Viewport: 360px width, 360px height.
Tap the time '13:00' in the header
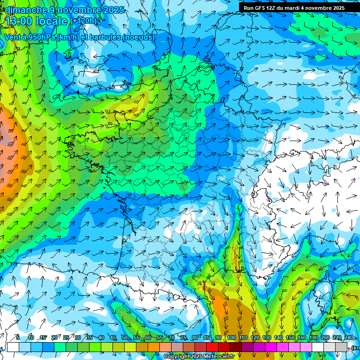click(x=19, y=21)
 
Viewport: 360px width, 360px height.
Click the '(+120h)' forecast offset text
click(x=85, y=21)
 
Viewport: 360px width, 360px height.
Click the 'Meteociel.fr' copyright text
click(x=216, y=357)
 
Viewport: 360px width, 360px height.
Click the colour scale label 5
click(x=17, y=338)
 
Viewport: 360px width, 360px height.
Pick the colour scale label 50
click(x=124, y=338)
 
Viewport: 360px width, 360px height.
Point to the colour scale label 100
click(x=231, y=338)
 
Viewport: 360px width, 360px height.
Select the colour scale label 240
click(x=348, y=338)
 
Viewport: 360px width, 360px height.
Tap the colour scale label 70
click(x=172, y=338)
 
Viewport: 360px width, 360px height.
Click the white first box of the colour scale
click(x=13, y=347)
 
